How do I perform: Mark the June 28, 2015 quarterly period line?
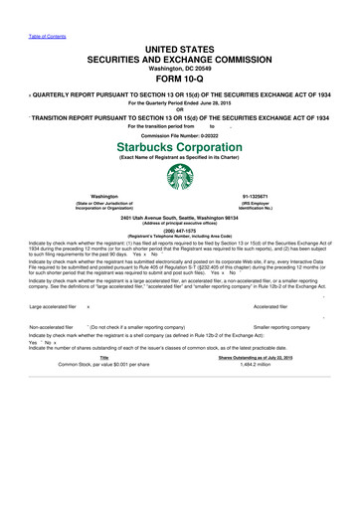179,102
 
